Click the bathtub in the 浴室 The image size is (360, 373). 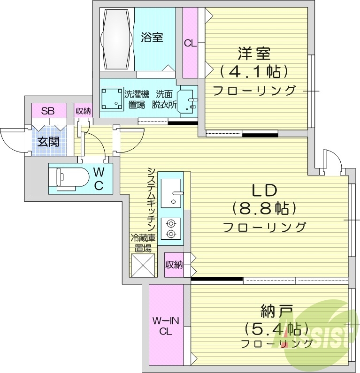pos(117,39)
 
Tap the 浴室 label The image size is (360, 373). pos(152,38)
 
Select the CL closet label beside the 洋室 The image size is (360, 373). pos(190,44)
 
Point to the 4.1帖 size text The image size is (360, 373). pos(253,72)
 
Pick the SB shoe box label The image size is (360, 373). pos(47,111)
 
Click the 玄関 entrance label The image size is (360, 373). pos(48,141)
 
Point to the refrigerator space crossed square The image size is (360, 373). pos(143,265)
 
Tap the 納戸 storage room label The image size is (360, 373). pos(277,311)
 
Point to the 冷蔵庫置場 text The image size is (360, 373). pos(143,243)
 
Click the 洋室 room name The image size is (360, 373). pos(254,53)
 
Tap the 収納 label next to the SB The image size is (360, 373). pos(84,111)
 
